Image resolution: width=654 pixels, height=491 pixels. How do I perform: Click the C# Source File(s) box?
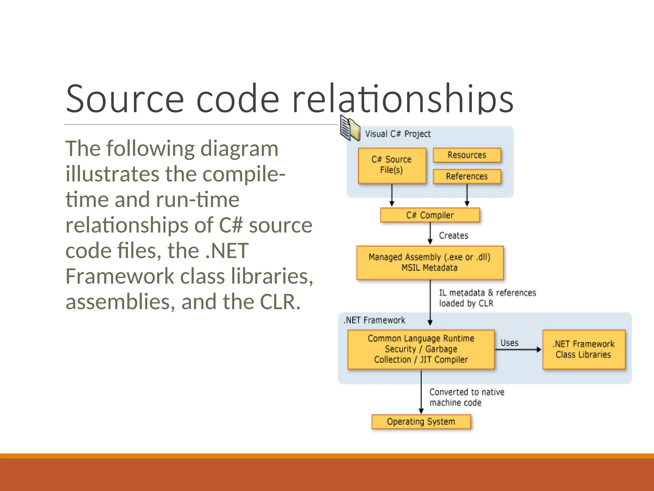(x=392, y=165)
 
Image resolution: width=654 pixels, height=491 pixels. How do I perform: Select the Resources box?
(x=467, y=155)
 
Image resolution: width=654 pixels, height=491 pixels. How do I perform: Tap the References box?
(x=467, y=176)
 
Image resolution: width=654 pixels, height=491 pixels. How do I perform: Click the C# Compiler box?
(x=430, y=215)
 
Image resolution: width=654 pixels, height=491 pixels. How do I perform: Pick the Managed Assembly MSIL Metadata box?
(x=430, y=262)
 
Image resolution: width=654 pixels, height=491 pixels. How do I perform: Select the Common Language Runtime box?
(x=421, y=349)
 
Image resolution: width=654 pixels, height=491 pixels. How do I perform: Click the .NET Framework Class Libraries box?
(x=583, y=349)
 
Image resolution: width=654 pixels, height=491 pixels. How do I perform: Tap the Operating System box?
(x=421, y=422)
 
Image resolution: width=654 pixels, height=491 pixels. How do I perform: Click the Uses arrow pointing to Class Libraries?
(x=518, y=349)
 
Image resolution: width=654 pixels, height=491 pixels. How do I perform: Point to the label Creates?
(x=453, y=236)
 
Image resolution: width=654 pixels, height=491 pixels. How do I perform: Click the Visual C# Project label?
(x=398, y=134)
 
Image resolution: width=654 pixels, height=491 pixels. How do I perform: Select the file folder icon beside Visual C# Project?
(x=350, y=129)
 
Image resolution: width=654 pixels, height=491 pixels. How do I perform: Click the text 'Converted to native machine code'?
(x=467, y=397)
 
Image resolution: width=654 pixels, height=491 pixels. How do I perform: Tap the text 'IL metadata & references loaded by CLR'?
(x=487, y=298)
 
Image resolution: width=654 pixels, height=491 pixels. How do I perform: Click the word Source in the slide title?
(x=125, y=99)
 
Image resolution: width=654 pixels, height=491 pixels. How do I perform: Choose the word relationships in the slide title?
(x=402, y=99)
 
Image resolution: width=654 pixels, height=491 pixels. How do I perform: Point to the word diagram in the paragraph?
(x=239, y=149)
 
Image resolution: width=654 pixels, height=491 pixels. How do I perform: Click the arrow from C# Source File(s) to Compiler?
(x=392, y=195)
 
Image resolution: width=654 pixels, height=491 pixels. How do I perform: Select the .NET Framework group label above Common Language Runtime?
(x=374, y=320)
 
